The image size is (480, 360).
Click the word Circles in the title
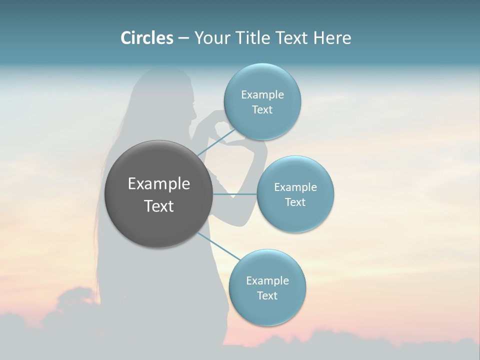[x=147, y=38]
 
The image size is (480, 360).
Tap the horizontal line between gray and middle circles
[x=235, y=194]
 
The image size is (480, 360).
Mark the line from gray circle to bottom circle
[x=220, y=246]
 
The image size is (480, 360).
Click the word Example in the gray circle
[x=159, y=184]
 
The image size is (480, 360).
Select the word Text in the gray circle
[x=159, y=206]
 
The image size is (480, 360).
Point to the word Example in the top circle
[x=262, y=94]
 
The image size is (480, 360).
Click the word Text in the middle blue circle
[x=295, y=202]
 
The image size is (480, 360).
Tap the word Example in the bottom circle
[x=267, y=280]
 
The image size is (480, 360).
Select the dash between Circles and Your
[x=183, y=38]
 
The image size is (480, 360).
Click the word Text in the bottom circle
[x=267, y=295]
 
